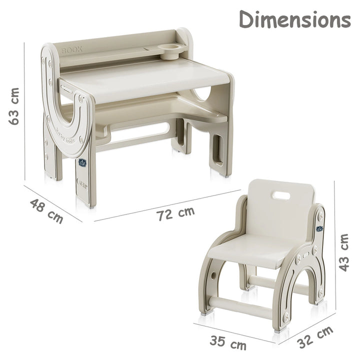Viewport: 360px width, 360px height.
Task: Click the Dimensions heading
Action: coord(294,19)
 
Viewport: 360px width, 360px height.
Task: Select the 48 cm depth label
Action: coord(46,210)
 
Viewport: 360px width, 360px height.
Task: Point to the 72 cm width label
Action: coord(175,214)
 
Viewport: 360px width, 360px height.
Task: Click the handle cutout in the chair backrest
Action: coord(281,195)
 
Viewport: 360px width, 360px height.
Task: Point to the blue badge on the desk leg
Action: coord(82,162)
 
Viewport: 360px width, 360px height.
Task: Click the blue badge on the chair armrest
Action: coord(319,228)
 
